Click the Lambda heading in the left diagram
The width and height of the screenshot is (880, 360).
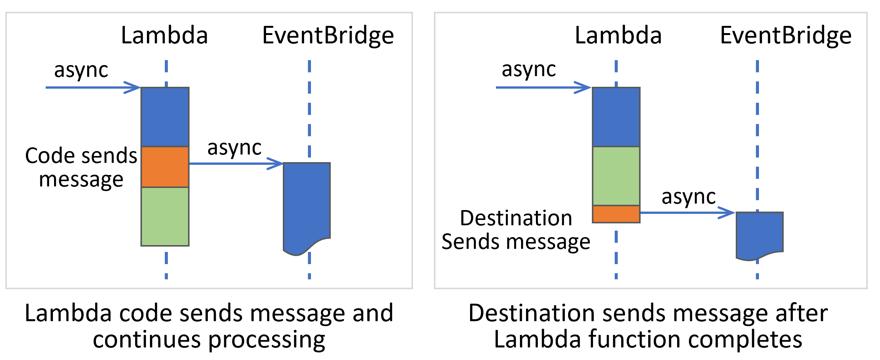(x=164, y=36)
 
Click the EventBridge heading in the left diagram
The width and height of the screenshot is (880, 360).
(x=328, y=36)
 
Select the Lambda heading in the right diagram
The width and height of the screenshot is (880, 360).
(x=618, y=36)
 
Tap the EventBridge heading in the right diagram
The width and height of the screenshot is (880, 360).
(x=786, y=36)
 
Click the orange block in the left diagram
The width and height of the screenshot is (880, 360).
(x=165, y=167)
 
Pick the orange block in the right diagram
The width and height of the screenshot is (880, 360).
(x=616, y=214)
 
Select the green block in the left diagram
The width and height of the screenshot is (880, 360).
(x=165, y=216)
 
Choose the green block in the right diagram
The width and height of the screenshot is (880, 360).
(x=616, y=176)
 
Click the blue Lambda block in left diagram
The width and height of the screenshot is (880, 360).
(x=165, y=117)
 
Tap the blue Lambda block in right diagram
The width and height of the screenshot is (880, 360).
(x=616, y=117)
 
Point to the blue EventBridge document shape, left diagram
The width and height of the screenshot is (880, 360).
(x=307, y=205)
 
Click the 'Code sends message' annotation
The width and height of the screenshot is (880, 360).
(x=81, y=167)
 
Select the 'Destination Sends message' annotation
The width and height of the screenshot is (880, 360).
(x=516, y=230)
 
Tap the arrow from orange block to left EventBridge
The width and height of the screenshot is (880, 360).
(x=236, y=164)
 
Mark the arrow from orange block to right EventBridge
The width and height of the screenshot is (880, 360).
(x=687, y=212)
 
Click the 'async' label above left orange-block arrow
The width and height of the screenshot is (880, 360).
(x=234, y=148)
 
